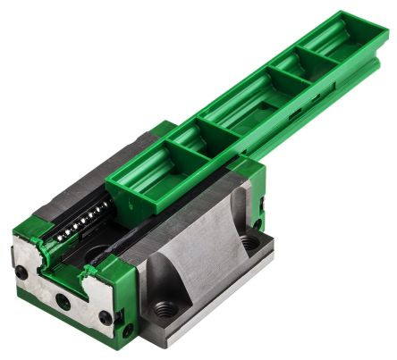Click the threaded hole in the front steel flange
click(165, 309)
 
